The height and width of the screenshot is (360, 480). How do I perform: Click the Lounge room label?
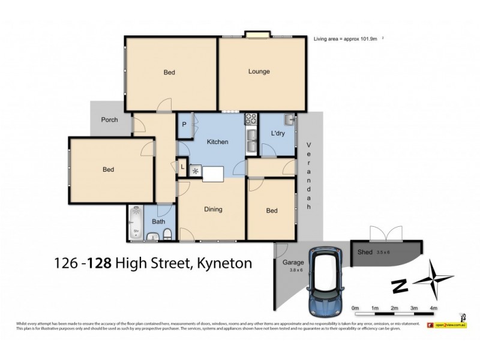(259, 72)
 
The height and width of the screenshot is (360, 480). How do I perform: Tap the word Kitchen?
(217, 142)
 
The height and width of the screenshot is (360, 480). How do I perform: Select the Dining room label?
(213, 209)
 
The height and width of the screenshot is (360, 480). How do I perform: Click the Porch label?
(109, 120)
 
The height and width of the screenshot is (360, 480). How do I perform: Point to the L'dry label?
(277, 133)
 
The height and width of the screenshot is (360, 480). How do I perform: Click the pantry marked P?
(184, 125)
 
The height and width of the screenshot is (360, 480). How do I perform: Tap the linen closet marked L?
(182, 167)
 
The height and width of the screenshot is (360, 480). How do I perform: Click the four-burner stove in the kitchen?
(251, 119)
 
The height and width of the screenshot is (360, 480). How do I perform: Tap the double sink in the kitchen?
(251, 143)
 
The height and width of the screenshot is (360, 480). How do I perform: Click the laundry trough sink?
(289, 119)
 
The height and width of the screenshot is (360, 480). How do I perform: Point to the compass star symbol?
(436, 280)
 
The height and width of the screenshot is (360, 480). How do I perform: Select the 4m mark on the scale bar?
(433, 308)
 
